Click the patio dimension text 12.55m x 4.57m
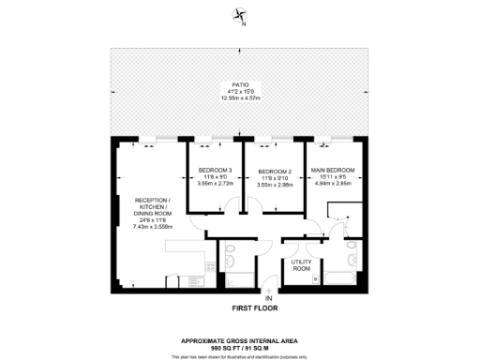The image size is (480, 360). pos(240,97)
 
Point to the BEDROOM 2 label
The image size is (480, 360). pos(275,172)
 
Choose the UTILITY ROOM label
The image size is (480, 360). pos(301,265)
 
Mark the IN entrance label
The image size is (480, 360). pos(268,297)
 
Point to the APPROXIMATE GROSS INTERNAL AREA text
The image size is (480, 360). pos(240,340)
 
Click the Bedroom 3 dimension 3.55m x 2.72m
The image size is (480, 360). pos(217,185)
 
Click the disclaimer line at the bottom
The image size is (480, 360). pos(240,356)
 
